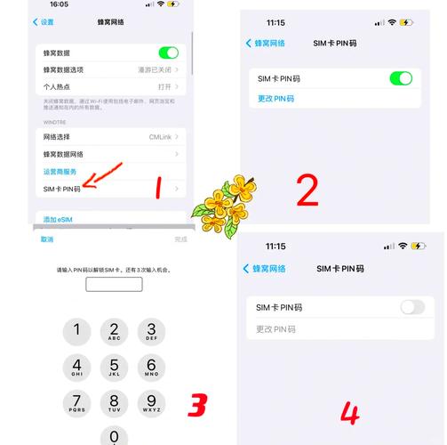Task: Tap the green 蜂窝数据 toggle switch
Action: (168, 53)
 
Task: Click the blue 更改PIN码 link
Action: (275, 99)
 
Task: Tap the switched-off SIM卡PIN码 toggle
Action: (412, 307)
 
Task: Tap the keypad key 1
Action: (76, 332)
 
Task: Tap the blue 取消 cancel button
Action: (47, 239)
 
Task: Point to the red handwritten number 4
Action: (351, 414)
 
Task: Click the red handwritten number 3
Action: (197, 405)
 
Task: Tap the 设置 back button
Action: (43, 21)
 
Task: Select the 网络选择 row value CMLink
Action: (160, 136)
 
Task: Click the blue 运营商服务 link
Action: (60, 171)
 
